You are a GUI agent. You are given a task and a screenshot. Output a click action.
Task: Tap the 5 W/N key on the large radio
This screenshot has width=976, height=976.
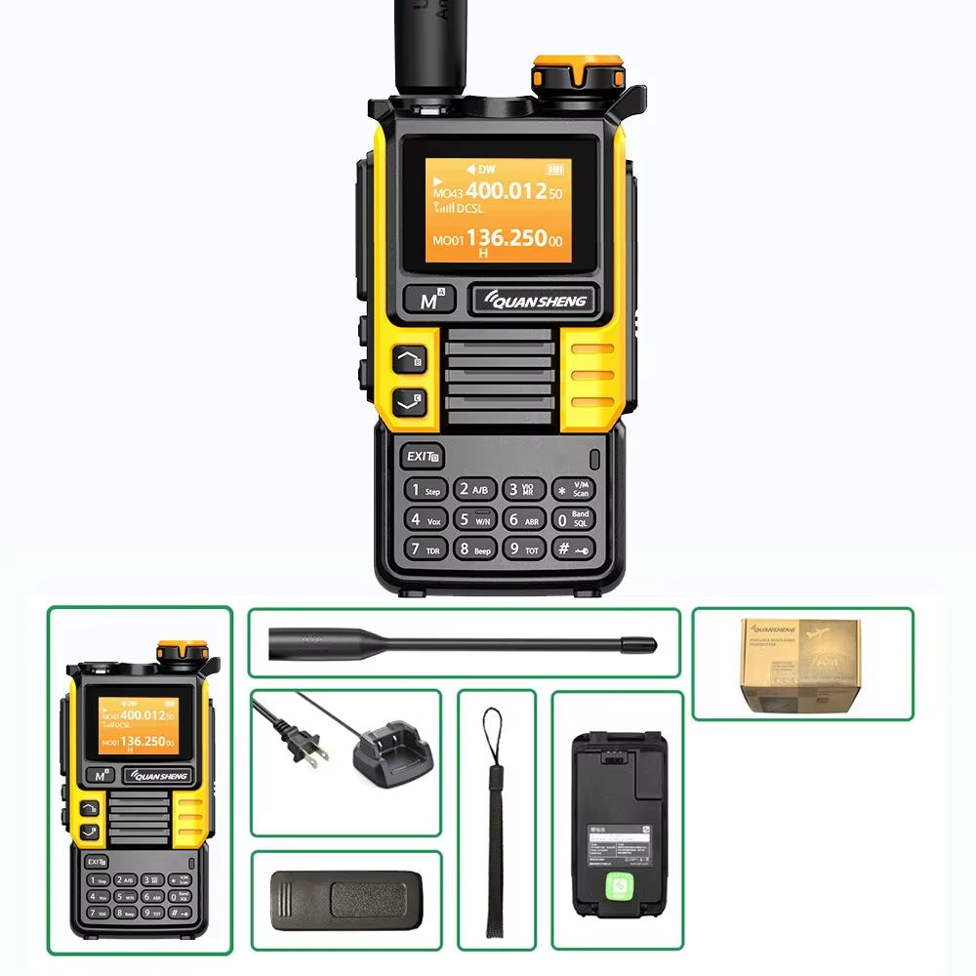tap(475, 519)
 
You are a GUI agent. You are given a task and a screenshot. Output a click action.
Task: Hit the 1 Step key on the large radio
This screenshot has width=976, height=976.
tap(427, 490)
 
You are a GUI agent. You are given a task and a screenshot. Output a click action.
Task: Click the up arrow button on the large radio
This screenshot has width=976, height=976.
tap(410, 360)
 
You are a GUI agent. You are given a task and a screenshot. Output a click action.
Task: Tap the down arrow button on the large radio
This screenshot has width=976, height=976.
tap(410, 400)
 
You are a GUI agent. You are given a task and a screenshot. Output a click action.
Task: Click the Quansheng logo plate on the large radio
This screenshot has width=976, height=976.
tap(532, 301)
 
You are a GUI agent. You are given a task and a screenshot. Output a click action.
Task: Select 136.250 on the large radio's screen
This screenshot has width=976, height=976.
tap(505, 238)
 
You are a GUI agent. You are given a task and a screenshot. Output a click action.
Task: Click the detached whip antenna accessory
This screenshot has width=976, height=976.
tap(463, 643)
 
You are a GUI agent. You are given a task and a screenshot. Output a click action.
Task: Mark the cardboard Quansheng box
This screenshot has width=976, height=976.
tap(799, 663)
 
